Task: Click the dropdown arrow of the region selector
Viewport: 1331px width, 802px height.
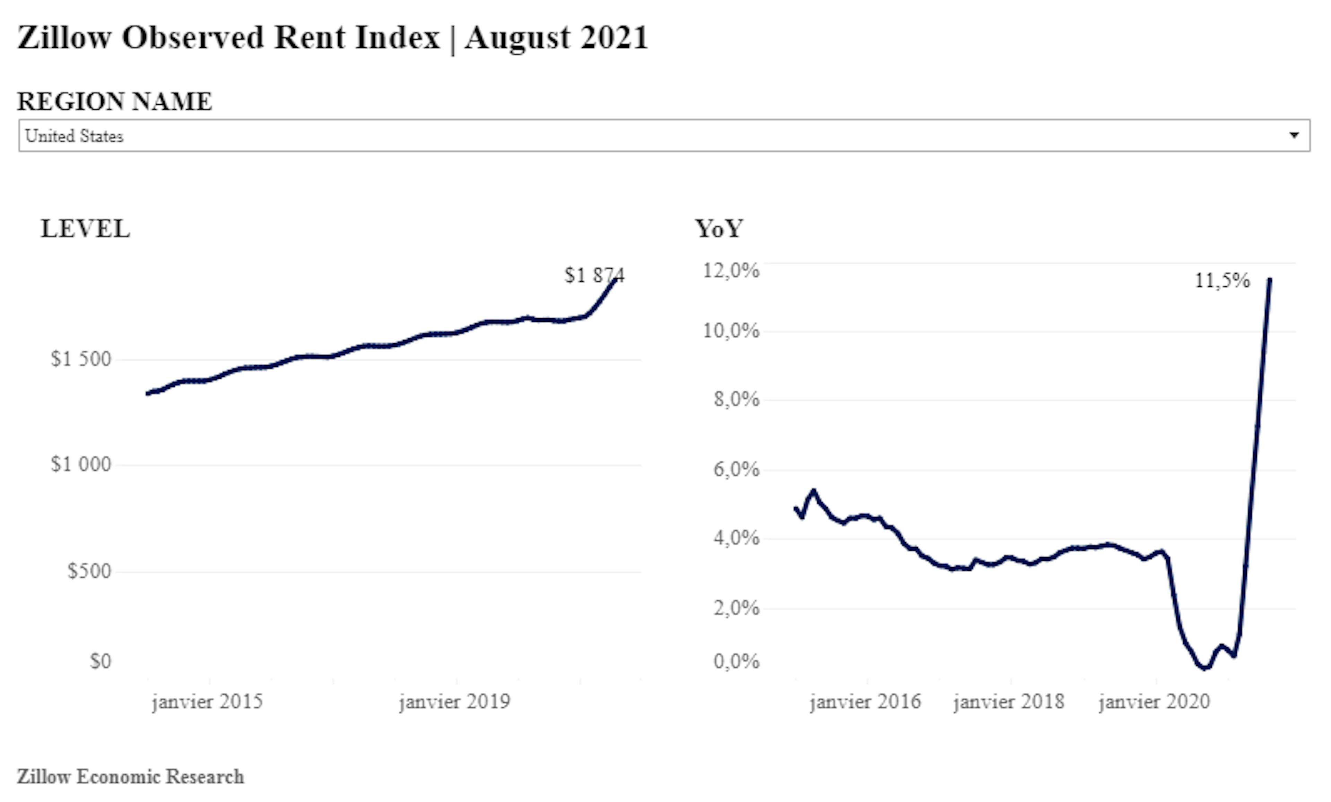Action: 1294,135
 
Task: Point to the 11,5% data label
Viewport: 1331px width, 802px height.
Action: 1222,281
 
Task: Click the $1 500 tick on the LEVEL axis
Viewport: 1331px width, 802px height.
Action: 81,359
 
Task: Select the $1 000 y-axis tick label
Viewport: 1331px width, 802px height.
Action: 81,464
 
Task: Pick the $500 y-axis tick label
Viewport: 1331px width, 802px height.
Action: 89,571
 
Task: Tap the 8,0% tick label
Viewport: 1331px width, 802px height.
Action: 736,399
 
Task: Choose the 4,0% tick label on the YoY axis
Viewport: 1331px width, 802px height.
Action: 736,538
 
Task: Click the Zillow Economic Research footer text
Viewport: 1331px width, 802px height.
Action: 130,777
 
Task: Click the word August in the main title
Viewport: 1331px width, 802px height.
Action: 517,38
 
